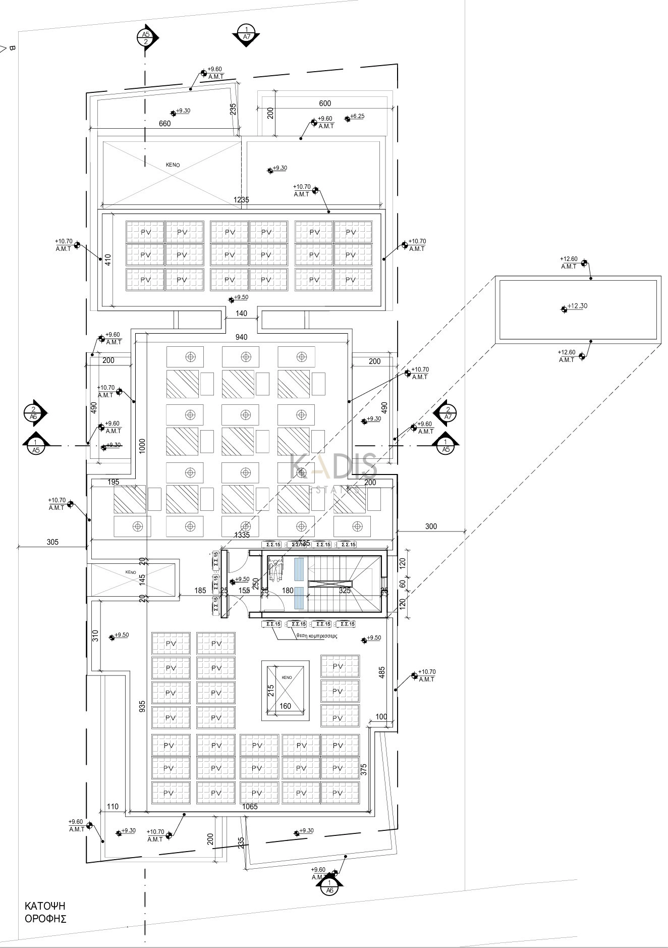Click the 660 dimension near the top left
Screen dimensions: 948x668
(x=164, y=124)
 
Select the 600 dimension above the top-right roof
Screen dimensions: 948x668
(x=325, y=103)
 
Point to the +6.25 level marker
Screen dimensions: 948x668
(x=356, y=117)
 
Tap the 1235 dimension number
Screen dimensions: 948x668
(x=241, y=200)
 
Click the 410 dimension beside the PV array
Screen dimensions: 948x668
(x=107, y=259)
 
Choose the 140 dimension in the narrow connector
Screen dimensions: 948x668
(x=241, y=313)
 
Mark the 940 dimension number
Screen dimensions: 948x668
(x=241, y=337)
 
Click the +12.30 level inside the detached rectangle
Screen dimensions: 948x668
(x=577, y=306)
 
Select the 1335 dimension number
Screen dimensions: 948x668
(x=242, y=535)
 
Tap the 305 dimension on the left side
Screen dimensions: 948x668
(x=52, y=542)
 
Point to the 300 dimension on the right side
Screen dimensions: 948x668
(x=431, y=526)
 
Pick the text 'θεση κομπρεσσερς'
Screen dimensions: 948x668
(x=317, y=636)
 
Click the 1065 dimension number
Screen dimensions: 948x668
(x=250, y=807)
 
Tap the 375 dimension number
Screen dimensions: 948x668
(x=364, y=769)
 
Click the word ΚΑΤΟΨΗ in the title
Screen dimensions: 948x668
(x=45, y=906)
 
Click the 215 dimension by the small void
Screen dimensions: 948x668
(x=271, y=691)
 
